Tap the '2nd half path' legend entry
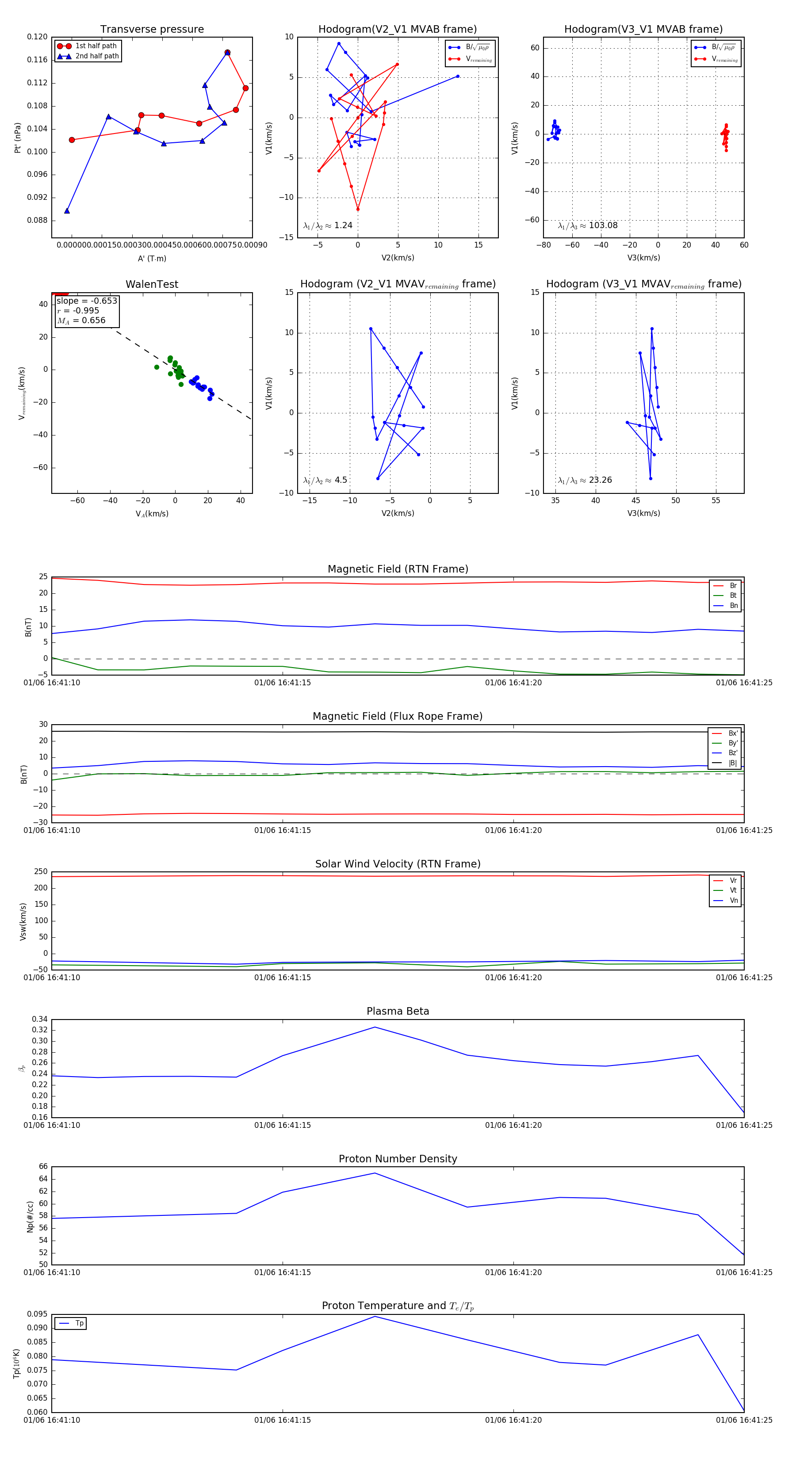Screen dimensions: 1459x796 click(97, 56)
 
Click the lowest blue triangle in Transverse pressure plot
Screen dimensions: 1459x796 click(67, 211)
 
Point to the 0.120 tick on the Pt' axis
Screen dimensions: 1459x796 click(38, 37)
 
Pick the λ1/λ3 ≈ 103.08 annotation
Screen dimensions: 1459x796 click(588, 225)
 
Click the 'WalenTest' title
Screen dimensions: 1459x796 click(152, 284)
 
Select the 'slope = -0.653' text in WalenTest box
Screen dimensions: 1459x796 click(87, 301)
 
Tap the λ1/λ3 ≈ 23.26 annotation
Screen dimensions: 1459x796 click(585, 480)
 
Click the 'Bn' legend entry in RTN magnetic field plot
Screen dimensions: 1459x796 click(733, 605)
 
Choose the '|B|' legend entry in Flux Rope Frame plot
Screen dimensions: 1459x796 click(733, 763)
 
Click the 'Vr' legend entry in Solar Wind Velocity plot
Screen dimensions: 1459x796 click(733, 881)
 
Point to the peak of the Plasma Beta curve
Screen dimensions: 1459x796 click(375, 1027)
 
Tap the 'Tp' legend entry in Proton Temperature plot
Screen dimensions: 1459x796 click(79, 1323)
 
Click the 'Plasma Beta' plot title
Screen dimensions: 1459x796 click(398, 1012)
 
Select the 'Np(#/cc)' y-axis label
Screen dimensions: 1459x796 click(31, 1217)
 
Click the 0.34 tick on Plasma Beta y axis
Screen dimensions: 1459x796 click(40, 1020)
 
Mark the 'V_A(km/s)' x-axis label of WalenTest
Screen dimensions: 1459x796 click(152, 514)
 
